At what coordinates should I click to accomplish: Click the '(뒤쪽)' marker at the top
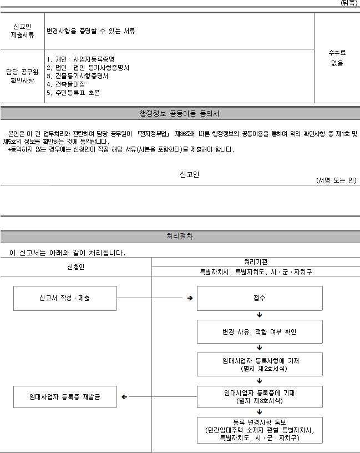[x=349, y=3]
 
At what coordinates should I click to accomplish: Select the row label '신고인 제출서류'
[x=22, y=31]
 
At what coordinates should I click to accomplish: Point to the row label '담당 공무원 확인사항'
[x=22, y=76]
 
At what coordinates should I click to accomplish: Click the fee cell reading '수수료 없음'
[x=337, y=58]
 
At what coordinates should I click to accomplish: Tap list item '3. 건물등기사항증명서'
[x=77, y=76]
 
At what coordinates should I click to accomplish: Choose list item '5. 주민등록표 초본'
[x=73, y=93]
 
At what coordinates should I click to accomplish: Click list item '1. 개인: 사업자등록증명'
[x=80, y=59]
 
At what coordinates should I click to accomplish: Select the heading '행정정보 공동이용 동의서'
[x=179, y=114]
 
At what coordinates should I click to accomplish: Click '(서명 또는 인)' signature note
[x=336, y=180]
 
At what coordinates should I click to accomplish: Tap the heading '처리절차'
[x=180, y=236]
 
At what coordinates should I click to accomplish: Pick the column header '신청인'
[x=75, y=266]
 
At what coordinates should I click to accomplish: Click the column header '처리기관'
[x=256, y=262]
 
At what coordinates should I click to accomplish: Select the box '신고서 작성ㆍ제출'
[x=65, y=299]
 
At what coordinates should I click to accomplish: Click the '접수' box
[x=260, y=299]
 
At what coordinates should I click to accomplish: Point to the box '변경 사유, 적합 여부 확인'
[x=260, y=331]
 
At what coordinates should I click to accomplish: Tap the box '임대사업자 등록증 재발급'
[x=65, y=397]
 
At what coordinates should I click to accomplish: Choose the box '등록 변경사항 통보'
[x=260, y=430]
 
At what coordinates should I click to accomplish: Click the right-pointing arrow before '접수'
[x=190, y=298]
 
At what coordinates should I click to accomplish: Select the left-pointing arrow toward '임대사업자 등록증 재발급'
[x=124, y=397]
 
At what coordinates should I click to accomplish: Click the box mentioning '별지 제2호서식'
[x=260, y=364]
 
